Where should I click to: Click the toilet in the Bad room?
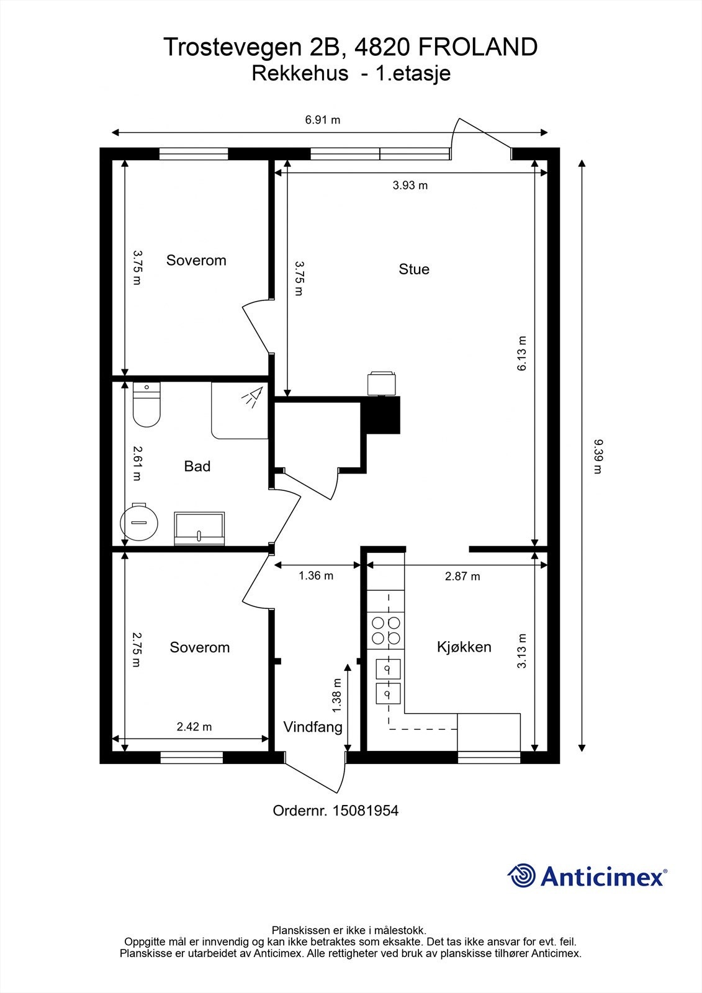146,404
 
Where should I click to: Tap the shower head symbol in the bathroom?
253,397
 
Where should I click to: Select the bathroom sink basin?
200,528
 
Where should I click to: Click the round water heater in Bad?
139,521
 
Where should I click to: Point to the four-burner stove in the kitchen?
386,631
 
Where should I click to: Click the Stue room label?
414,269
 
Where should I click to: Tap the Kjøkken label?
464,647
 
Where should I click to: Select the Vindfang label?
313,727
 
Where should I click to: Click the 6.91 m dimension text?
322,120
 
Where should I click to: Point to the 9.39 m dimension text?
598,457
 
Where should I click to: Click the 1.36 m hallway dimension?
316,576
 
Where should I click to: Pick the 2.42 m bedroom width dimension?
194,727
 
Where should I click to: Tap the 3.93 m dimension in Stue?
410,186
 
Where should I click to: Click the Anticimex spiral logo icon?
521,876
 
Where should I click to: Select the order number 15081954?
366,811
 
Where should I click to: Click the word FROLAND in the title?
478,47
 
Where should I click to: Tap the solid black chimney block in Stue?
381,415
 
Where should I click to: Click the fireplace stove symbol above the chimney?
381,383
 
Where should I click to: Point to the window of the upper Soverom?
194,154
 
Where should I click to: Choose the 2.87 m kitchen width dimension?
462,577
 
